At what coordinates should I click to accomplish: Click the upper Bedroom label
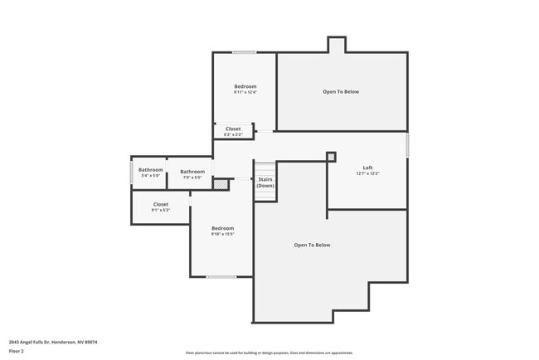point(245,86)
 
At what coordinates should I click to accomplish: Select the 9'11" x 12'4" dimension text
point(245,93)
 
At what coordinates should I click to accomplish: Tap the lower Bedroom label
point(222,228)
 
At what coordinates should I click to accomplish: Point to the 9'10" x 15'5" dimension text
point(222,235)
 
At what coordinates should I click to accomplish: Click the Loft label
point(367,168)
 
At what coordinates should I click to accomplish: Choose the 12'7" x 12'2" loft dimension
point(367,174)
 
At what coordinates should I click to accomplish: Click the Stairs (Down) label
point(265,182)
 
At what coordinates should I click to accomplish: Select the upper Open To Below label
point(341,91)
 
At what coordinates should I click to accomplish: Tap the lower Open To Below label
point(312,245)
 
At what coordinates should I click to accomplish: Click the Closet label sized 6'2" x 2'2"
point(233,129)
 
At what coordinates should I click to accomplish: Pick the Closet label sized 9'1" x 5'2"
point(161,204)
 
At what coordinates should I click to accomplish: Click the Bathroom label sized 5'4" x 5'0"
point(151,170)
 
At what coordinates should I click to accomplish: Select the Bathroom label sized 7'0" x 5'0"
point(192,172)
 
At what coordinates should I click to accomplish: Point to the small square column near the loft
point(331,156)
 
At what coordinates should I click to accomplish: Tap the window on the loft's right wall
point(407,145)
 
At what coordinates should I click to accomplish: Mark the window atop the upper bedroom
point(244,53)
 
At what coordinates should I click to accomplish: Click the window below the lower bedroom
point(221,276)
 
